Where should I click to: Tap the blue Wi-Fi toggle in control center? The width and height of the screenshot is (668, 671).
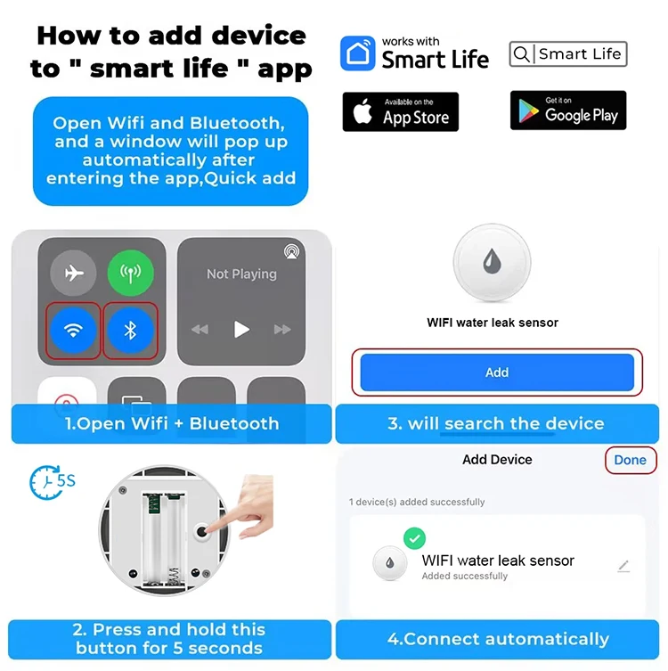coord(73,330)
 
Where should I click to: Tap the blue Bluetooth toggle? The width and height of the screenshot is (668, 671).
coord(130,330)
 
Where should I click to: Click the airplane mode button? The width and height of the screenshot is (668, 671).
coord(73,273)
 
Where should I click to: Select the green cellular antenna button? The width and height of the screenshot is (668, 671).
coord(130,273)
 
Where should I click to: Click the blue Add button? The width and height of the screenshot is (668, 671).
coord(497,372)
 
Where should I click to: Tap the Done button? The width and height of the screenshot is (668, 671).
coord(631,460)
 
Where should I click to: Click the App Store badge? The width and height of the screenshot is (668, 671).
coord(400,111)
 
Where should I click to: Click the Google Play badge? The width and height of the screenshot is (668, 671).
coord(568,110)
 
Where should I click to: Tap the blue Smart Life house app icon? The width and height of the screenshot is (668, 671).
coord(358,53)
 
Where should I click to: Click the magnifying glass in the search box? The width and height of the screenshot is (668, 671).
coord(521,54)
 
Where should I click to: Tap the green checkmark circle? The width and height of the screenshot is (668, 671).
coord(414,538)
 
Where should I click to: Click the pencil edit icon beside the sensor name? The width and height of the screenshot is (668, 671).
coord(624,566)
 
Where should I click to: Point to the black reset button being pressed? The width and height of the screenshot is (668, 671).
coord(201,532)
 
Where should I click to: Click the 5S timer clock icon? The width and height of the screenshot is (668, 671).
coord(45,483)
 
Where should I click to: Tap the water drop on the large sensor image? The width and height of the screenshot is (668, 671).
coord(492,260)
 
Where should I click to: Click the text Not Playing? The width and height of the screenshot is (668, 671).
coord(241,274)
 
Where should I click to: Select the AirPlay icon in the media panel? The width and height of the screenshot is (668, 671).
coord(291,251)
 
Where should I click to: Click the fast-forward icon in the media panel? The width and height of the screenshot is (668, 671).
coord(282,330)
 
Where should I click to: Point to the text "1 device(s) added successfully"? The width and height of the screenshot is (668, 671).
coord(417,502)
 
